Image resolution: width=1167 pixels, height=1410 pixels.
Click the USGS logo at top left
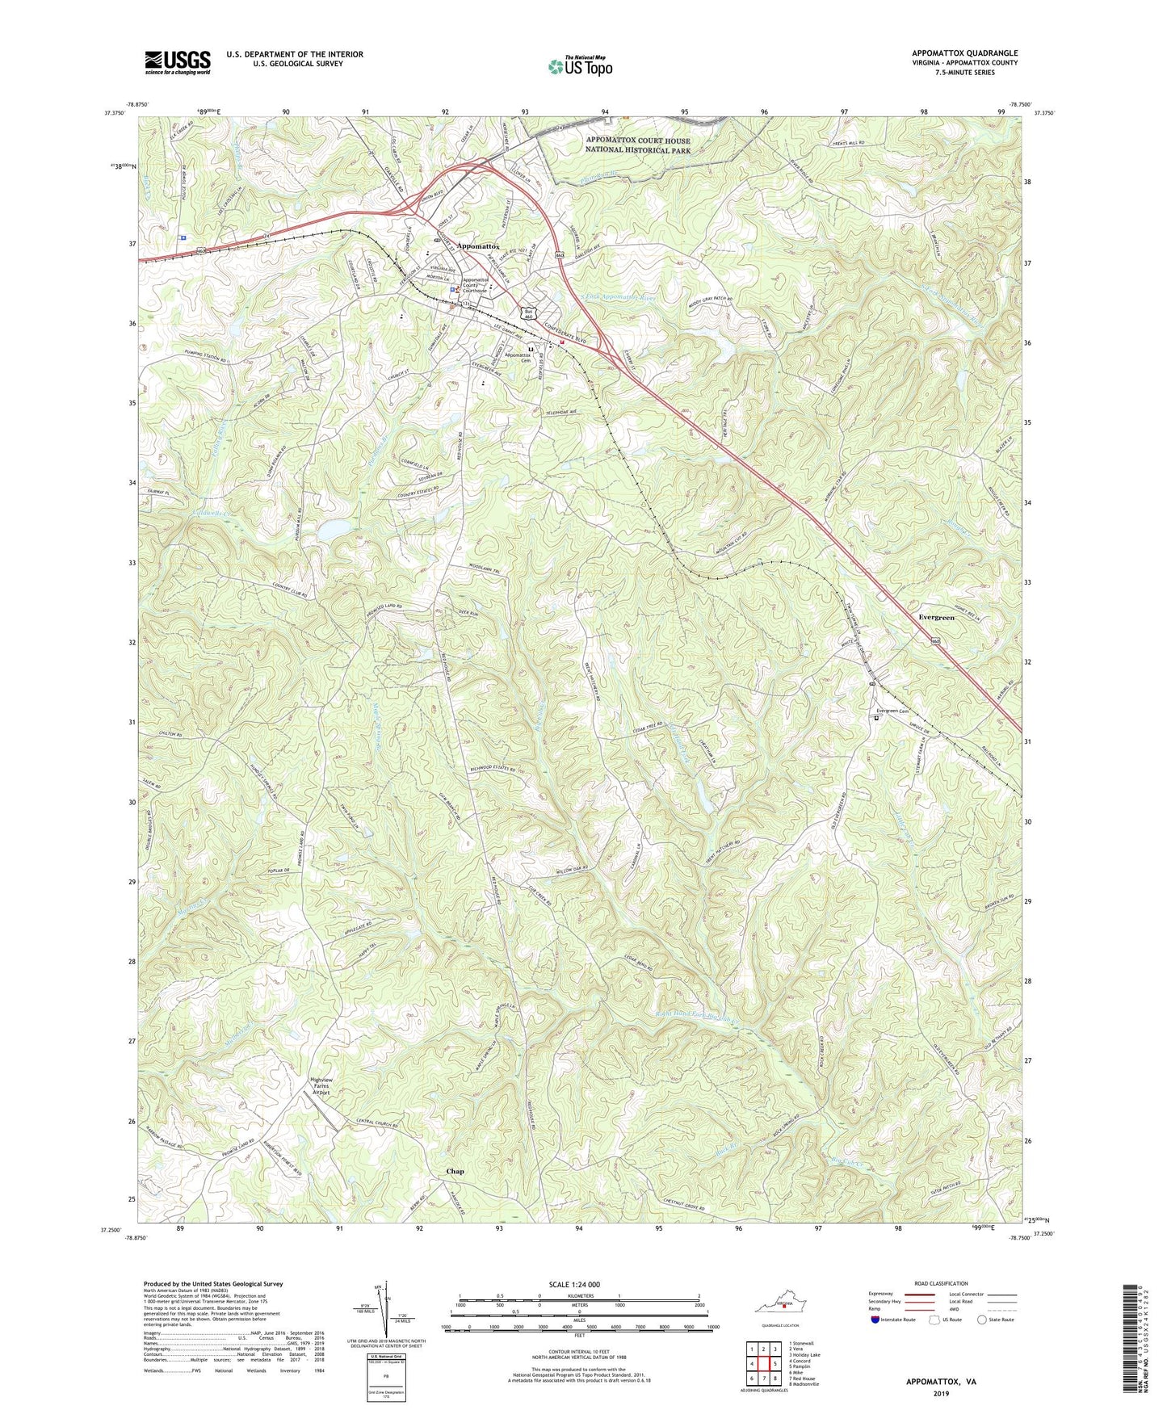pyautogui.click(x=177, y=62)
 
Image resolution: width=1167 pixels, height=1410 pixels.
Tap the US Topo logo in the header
pyautogui.click(x=579, y=66)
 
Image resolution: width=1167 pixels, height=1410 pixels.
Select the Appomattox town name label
pyautogui.click(x=478, y=246)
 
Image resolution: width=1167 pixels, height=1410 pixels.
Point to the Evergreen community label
pyautogui.click(x=936, y=617)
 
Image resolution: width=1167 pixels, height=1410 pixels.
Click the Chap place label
pyautogui.click(x=455, y=1171)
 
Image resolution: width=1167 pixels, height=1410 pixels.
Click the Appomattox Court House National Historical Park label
pyautogui.click(x=638, y=145)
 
